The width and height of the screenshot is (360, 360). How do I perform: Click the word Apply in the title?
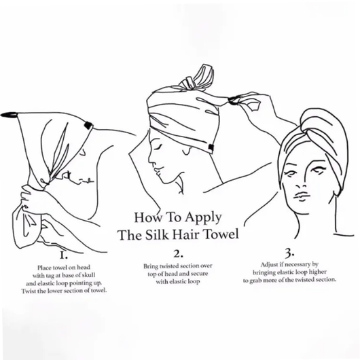(x=203, y=217)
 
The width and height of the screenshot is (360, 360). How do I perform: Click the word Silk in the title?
(x=158, y=234)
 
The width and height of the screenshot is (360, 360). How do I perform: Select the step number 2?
(x=178, y=254)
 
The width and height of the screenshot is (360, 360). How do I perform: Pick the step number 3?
(x=289, y=253)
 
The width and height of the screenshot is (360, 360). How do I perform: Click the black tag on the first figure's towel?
(x=88, y=126)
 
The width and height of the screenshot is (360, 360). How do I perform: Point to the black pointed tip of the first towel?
(x=8, y=114)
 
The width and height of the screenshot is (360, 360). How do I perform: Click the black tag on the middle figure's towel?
(x=211, y=147)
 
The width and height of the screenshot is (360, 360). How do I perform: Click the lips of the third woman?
(x=301, y=196)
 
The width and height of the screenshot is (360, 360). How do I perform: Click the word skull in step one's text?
(x=88, y=275)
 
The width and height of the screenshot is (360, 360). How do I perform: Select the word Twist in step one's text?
(x=28, y=291)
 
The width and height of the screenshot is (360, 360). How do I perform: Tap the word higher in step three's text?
(x=317, y=272)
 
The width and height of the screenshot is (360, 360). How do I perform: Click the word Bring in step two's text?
(x=151, y=266)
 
